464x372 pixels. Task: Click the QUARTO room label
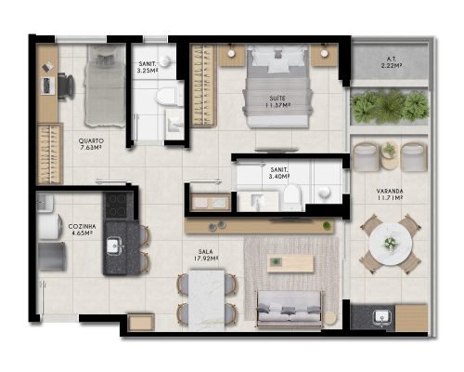[x=91, y=141]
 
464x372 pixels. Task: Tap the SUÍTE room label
[x=277, y=99]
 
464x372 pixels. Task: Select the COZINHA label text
[x=82, y=227]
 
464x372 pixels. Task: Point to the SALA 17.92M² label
[x=206, y=255]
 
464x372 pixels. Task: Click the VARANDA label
[x=390, y=191]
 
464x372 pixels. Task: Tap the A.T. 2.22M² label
[x=392, y=62]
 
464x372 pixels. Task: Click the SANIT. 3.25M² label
[x=148, y=67]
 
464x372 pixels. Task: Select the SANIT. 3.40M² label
[x=279, y=173]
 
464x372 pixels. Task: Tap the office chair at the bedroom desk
[x=66, y=86]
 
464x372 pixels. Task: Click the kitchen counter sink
[x=114, y=246]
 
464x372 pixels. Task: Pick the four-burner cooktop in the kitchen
[x=116, y=205]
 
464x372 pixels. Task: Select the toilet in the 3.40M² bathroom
[x=292, y=197]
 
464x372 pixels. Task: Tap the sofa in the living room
[x=290, y=309]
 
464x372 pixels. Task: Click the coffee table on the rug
[x=290, y=264]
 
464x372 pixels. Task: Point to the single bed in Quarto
[x=105, y=86]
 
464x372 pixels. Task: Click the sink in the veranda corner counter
[x=382, y=317]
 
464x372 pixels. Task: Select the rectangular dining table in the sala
[x=207, y=300]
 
